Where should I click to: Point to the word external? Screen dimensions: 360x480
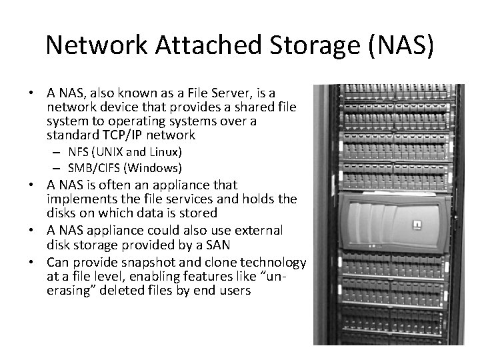(256, 230)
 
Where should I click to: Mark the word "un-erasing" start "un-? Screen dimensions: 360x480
(292, 276)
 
